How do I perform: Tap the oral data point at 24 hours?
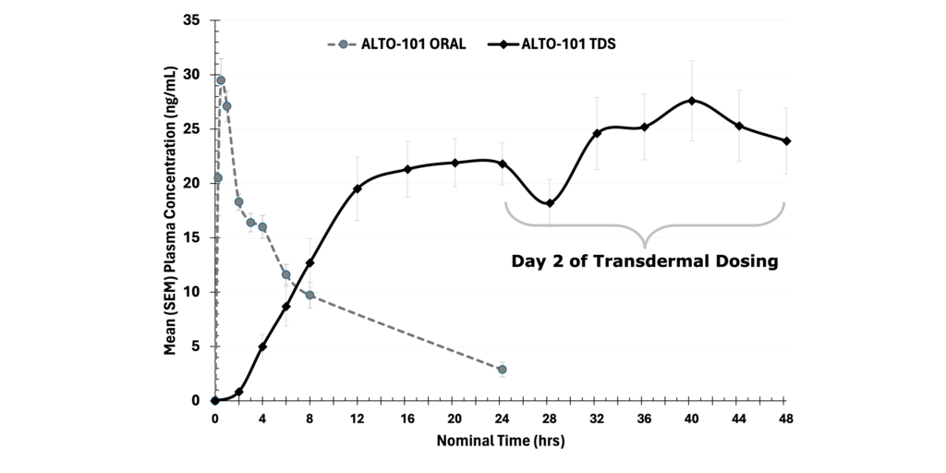(502, 370)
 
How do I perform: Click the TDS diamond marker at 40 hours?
(692, 101)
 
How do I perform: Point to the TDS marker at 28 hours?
(550, 203)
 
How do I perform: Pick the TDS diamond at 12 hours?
(358, 188)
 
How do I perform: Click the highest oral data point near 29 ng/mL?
(221, 80)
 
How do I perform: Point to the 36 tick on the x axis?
(644, 418)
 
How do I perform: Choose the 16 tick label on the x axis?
(406, 418)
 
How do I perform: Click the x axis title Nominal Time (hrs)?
(500, 441)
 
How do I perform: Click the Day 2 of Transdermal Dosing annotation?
(645, 261)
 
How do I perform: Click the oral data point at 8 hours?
(310, 296)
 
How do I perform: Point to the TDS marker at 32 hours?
(597, 133)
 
